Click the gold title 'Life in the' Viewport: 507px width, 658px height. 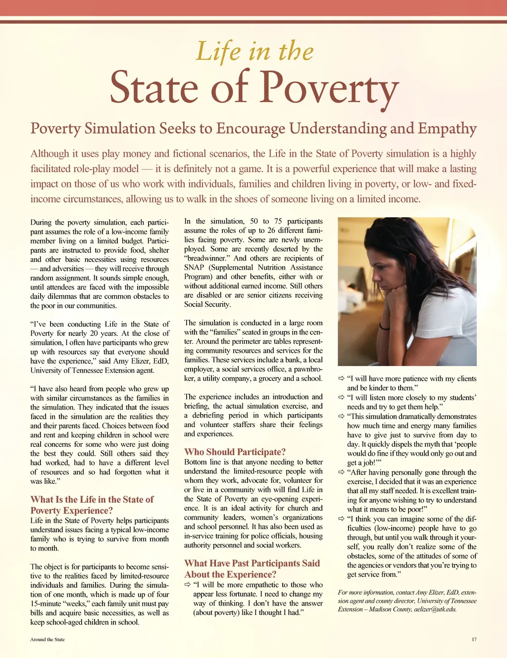[x=254, y=51]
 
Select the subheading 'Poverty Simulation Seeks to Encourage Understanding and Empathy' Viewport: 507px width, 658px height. [x=253, y=129]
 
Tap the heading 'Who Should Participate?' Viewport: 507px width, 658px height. [x=235, y=452]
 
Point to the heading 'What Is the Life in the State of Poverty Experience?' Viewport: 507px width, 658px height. [x=92, y=505]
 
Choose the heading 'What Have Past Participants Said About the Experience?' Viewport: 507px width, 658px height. [x=252, y=568]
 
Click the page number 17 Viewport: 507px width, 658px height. [x=474, y=639]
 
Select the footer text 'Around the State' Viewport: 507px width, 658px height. [x=48, y=639]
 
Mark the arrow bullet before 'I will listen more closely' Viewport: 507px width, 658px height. [x=341, y=397]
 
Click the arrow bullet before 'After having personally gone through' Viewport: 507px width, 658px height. [x=341, y=472]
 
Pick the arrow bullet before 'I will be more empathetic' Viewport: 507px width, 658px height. [x=188, y=584]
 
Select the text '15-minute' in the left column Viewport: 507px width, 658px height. [x=48, y=604]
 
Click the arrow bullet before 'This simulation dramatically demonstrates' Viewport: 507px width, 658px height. [x=341, y=416]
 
